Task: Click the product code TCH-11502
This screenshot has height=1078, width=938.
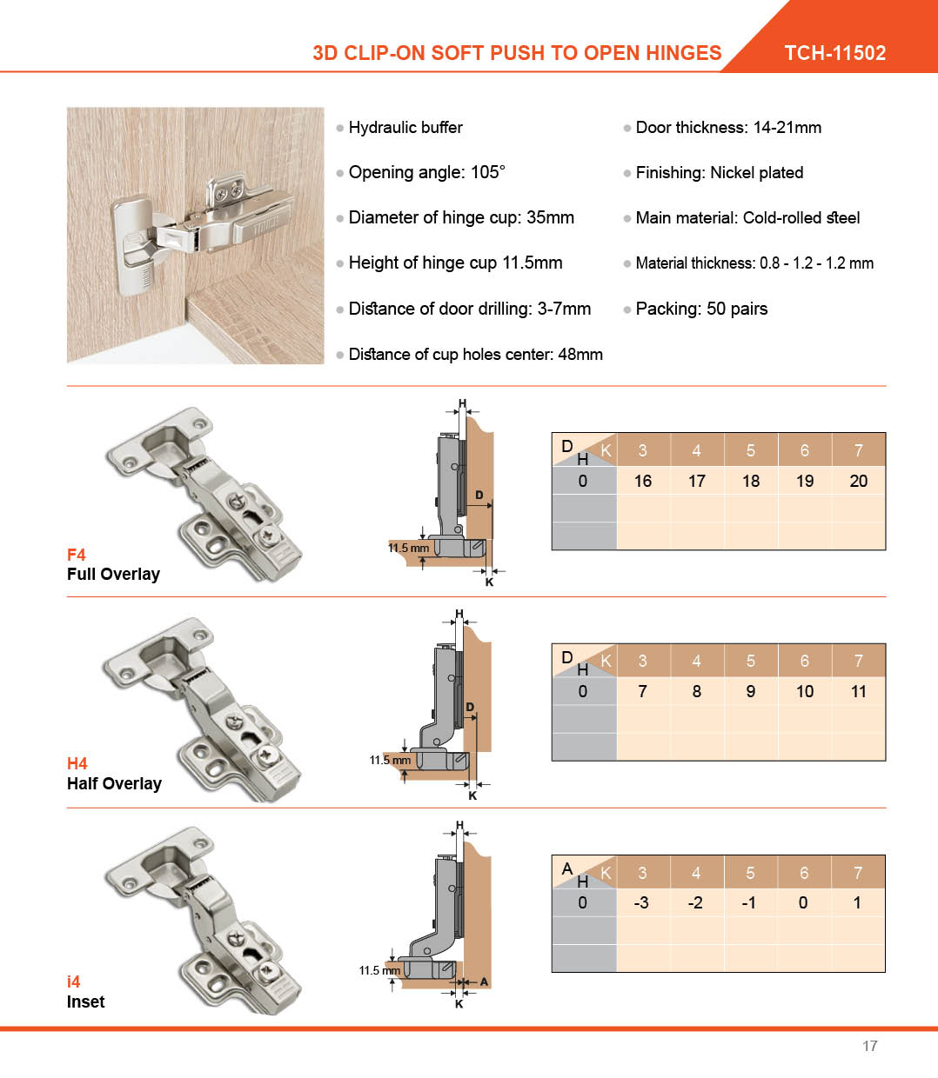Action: [834, 53]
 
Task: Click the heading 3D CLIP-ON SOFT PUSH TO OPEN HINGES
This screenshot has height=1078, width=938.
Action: [517, 53]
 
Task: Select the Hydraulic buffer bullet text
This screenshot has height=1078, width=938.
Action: [405, 128]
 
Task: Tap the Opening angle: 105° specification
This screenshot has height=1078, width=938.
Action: [426, 172]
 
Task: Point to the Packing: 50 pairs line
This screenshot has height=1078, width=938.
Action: [701, 309]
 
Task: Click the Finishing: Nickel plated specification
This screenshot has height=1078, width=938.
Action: [719, 172]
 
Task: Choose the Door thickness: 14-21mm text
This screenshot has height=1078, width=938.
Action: [728, 128]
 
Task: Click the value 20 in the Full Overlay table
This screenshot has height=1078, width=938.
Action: [858, 481]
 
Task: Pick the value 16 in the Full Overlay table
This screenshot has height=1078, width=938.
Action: [643, 481]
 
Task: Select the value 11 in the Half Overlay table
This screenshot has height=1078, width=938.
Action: [858, 691]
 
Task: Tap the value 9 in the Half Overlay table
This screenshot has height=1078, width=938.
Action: [750, 691]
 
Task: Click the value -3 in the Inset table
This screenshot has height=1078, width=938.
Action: [641, 902]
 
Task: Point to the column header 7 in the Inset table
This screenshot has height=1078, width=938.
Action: [858, 873]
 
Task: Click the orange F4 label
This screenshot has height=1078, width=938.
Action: [77, 555]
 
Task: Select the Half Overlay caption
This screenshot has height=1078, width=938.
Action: [114, 783]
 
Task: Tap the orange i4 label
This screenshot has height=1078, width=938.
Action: [74, 982]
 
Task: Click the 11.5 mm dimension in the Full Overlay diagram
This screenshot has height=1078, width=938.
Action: [408, 548]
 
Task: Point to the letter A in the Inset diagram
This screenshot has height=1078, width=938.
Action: [484, 982]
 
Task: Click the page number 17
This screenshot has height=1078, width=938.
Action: [869, 1046]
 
